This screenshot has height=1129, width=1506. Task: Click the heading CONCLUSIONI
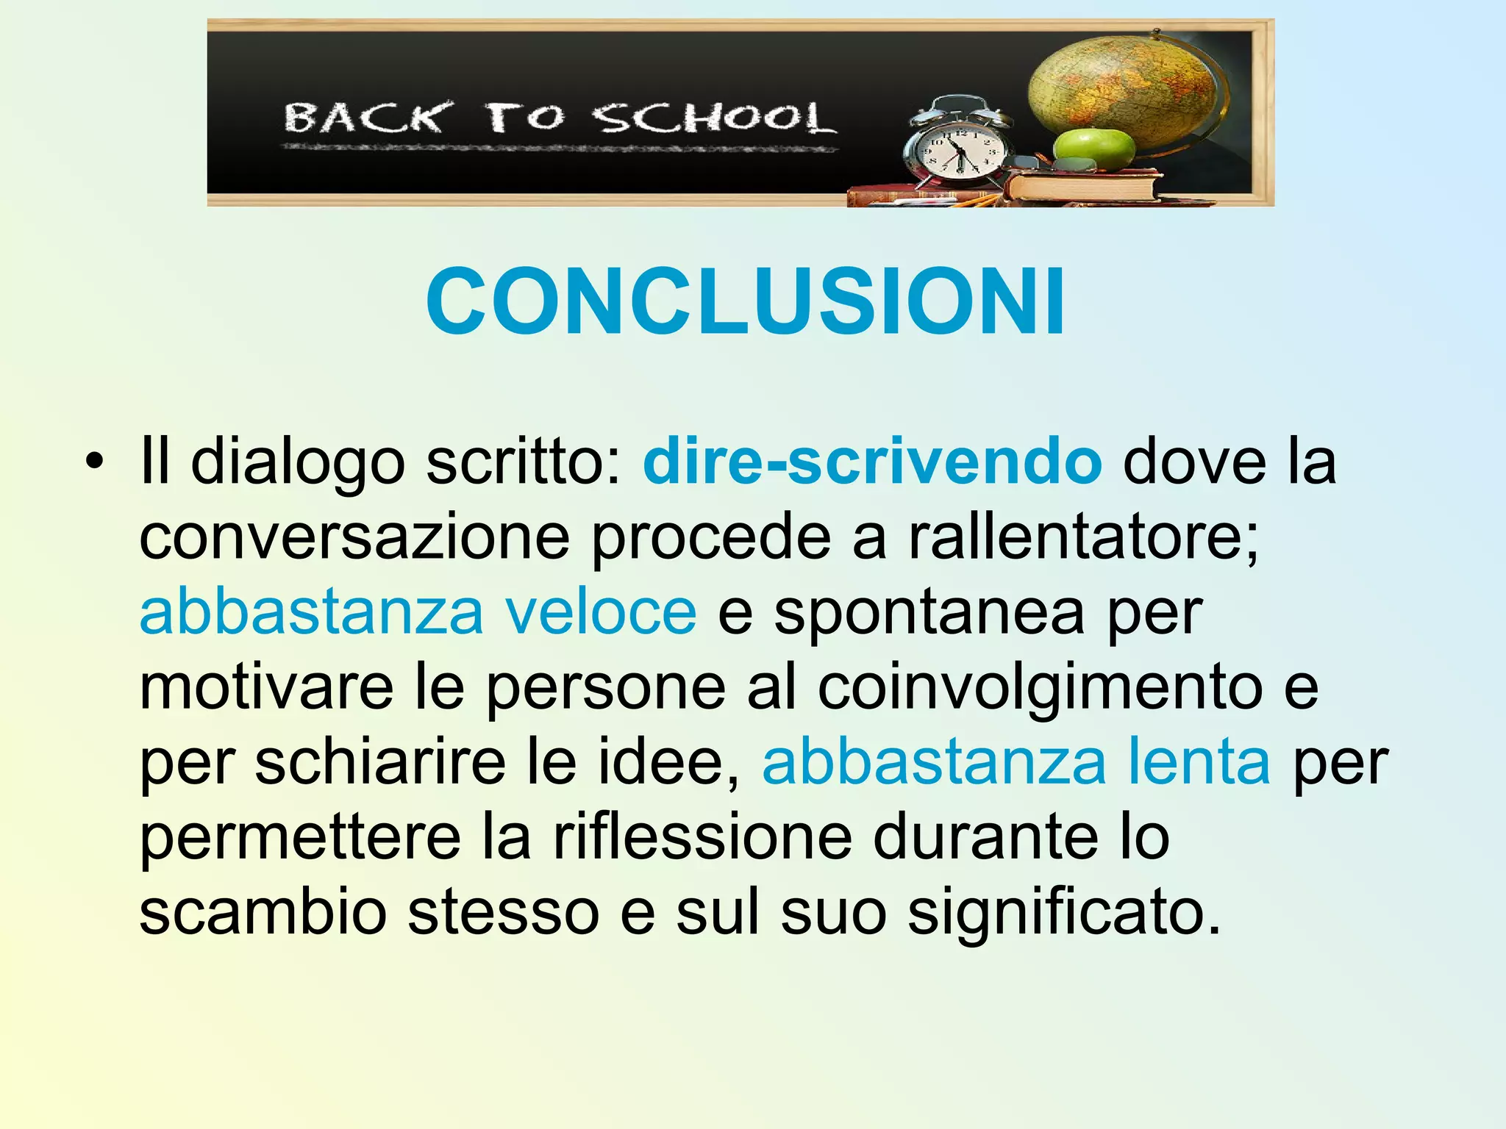[x=745, y=301]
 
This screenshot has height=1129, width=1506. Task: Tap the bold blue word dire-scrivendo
[x=871, y=462]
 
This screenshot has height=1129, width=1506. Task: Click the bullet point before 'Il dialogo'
[x=93, y=462]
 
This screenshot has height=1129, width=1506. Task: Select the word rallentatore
[x=1083, y=537]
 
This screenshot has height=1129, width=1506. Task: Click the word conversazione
[x=354, y=537]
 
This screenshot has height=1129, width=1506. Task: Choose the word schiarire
[x=380, y=761]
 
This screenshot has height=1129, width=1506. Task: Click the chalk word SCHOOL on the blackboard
[x=714, y=118]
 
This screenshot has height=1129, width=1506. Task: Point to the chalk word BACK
[x=365, y=118]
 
